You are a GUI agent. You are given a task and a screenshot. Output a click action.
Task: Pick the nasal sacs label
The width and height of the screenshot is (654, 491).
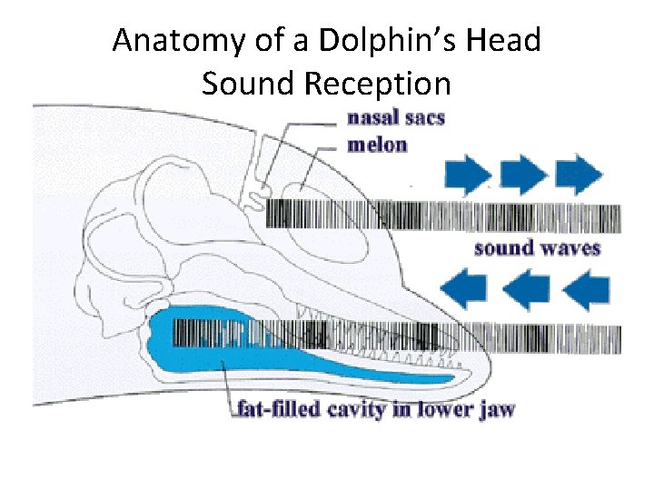(x=395, y=119)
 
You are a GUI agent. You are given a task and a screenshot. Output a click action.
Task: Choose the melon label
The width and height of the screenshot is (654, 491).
(x=377, y=145)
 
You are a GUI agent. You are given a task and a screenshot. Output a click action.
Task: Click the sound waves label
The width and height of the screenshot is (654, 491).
(x=537, y=247)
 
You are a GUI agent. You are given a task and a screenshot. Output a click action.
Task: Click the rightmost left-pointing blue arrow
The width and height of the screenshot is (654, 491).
(x=586, y=291)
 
